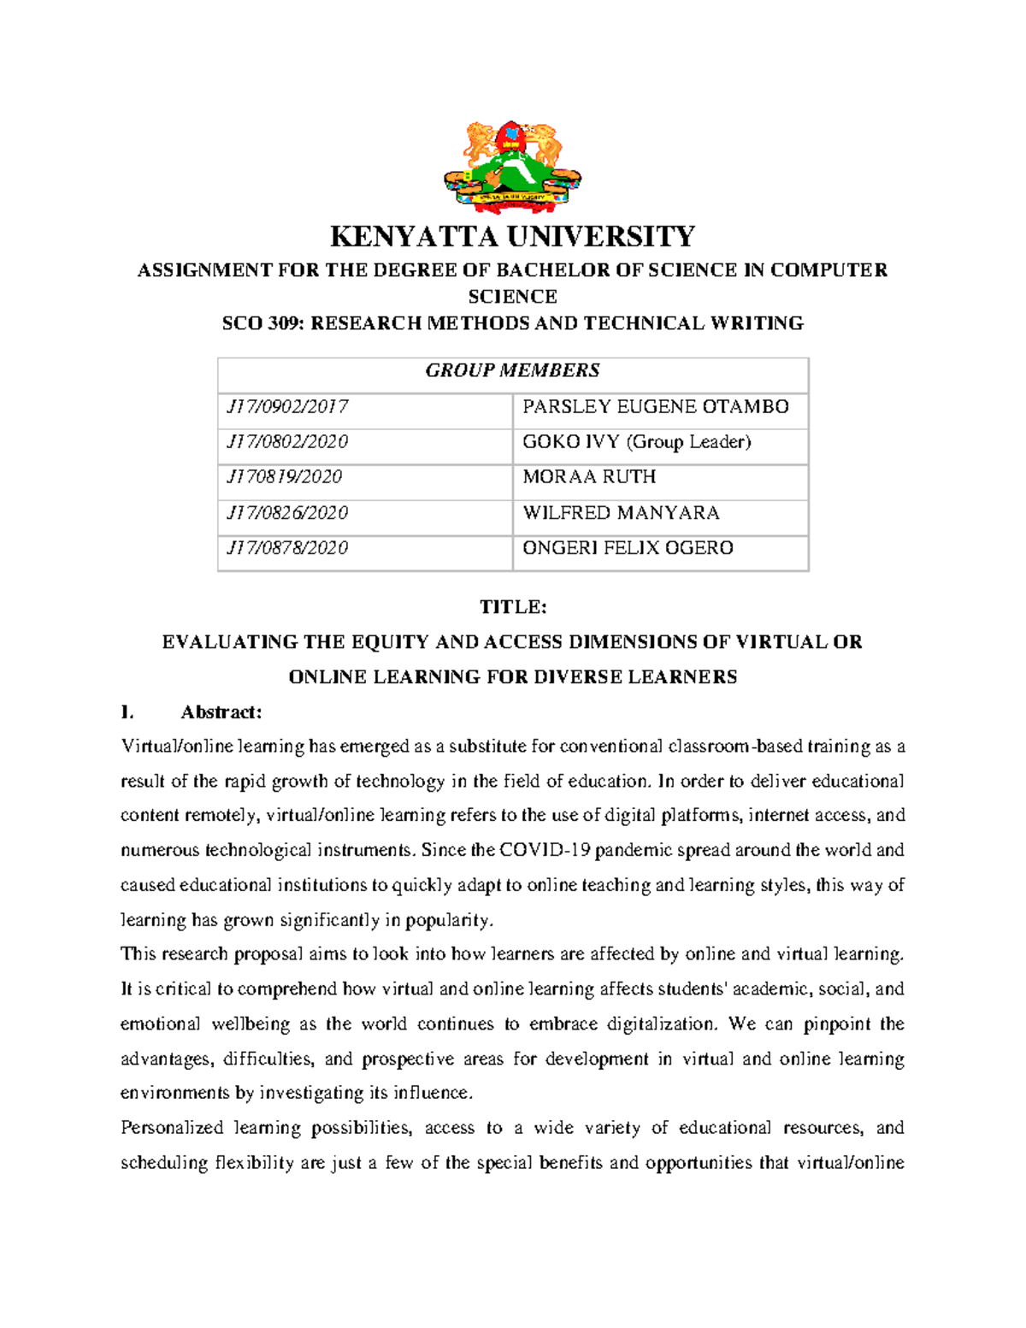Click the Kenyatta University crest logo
pyautogui.click(x=512, y=168)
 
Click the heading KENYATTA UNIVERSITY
pyautogui.click(x=512, y=237)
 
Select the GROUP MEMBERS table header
pyautogui.click(x=512, y=371)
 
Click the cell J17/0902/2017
pyautogui.click(x=287, y=407)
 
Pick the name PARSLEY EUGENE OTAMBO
pyautogui.click(x=655, y=407)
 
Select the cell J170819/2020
pyautogui.click(x=284, y=477)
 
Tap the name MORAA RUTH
pyautogui.click(x=589, y=477)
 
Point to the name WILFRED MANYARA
pyautogui.click(x=621, y=513)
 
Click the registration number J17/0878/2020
pyautogui.click(x=287, y=548)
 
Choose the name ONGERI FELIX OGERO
pyautogui.click(x=628, y=548)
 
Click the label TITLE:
pyautogui.click(x=512, y=608)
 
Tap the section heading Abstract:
pyautogui.click(x=221, y=712)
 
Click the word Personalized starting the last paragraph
pyautogui.click(x=172, y=1129)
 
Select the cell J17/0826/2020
pyautogui.click(x=287, y=513)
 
